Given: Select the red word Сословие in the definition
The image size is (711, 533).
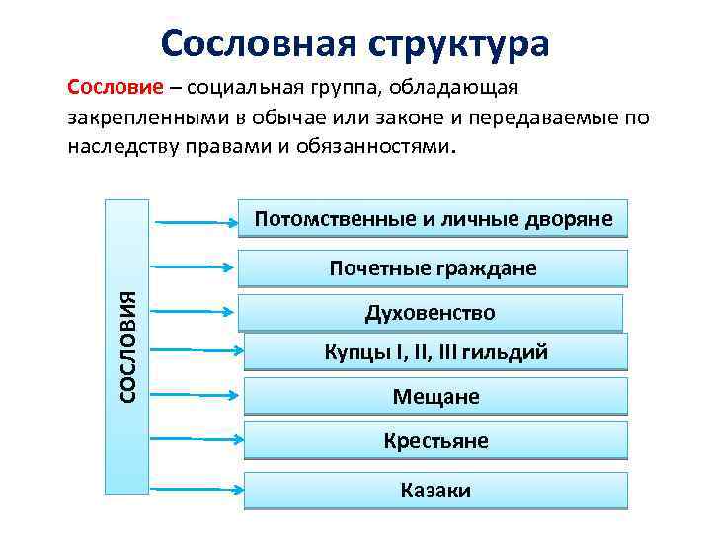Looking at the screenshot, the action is tap(108, 86).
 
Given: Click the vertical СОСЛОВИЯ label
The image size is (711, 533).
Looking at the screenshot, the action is tap(127, 345).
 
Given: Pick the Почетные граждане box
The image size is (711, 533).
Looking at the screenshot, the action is tap(434, 267).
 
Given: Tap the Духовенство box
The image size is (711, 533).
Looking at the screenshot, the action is tap(431, 313).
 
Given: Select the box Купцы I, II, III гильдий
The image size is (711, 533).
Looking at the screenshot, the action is tap(435, 352).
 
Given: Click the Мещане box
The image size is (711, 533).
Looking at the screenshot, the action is tap(435, 397).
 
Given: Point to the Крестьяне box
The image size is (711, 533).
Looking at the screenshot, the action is tap(435, 440).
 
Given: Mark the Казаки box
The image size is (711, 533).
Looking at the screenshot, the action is tap(435, 490).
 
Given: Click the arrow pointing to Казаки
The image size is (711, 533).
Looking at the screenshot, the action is tap(195, 488).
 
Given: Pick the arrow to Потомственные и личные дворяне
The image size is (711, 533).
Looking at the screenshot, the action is tap(195, 222).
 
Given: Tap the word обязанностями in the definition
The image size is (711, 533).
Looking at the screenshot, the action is tap(382, 146).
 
